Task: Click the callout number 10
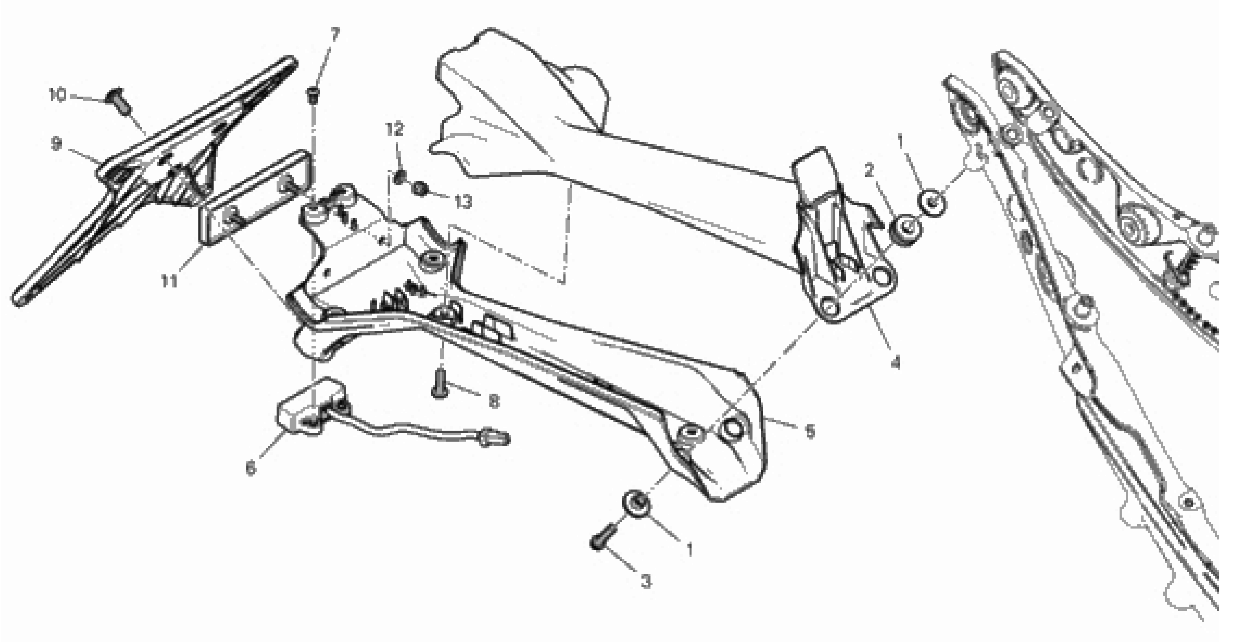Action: pyautogui.click(x=57, y=95)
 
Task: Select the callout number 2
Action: pyautogui.click(x=869, y=171)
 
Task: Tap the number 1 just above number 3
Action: pyautogui.click(x=689, y=549)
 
